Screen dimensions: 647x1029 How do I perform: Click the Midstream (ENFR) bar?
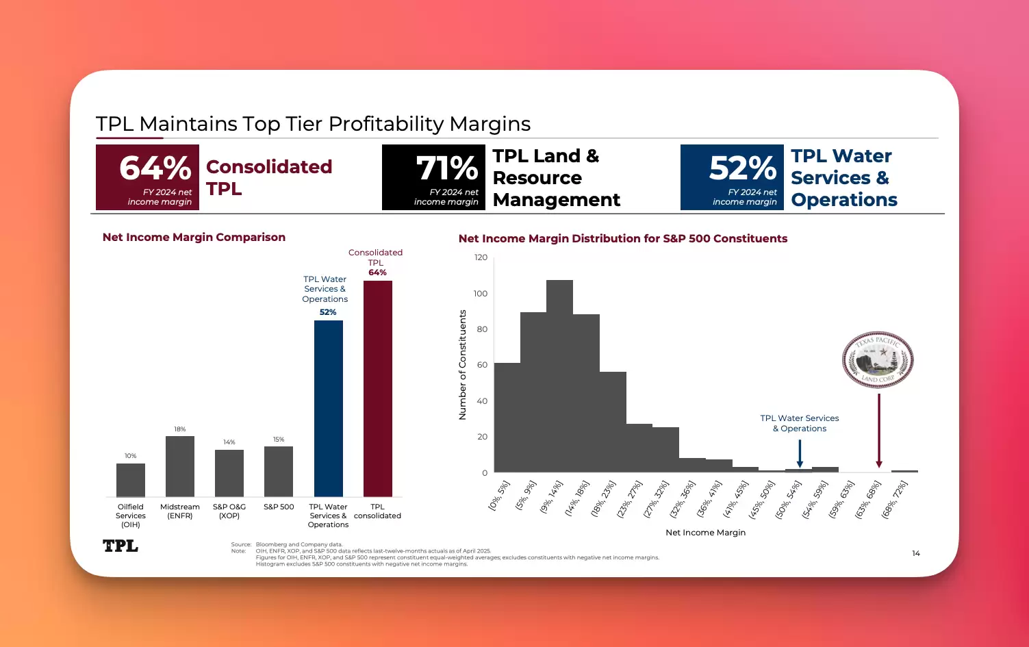(x=180, y=466)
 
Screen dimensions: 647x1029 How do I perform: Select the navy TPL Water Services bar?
(x=329, y=408)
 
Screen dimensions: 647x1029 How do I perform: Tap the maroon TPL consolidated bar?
(x=378, y=388)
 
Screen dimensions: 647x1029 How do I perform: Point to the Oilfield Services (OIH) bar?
(x=131, y=480)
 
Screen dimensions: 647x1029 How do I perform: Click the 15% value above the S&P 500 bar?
(x=279, y=440)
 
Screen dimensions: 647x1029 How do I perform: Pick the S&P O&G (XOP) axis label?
(x=229, y=511)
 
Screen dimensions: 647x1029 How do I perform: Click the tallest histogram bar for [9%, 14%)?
(x=559, y=376)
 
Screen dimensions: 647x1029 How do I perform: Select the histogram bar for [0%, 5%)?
(x=507, y=418)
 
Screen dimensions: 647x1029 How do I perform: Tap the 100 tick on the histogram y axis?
(x=481, y=294)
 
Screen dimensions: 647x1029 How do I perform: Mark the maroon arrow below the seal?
(x=879, y=431)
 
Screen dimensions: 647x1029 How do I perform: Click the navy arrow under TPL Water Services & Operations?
(x=800, y=453)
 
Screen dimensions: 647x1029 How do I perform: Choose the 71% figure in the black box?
(x=446, y=168)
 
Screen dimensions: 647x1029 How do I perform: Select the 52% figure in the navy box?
(x=743, y=168)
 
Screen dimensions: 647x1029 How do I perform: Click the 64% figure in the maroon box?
(x=155, y=168)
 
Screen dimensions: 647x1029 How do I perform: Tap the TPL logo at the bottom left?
(x=120, y=546)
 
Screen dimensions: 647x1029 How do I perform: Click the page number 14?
(x=916, y=553)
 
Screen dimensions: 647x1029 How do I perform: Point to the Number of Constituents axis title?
(x=463, y=365)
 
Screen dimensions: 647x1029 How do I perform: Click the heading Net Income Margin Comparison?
(x=194, y=238)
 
